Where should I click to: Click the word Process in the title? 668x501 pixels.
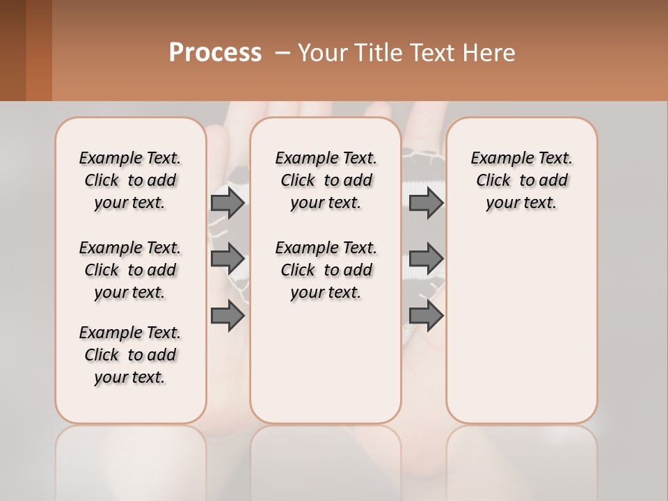pyautogui.click(x=215, y=53)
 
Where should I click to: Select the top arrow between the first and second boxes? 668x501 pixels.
pyautogui.click(x=228, y=202)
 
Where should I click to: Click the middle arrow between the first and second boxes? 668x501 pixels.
pyautogui.click(x=228, y=259)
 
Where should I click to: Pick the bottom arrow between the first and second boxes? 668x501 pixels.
pyautogui.click(x=228, y=316)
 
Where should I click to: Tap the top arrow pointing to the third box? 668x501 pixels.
pyautogui.click(x=426, y=202)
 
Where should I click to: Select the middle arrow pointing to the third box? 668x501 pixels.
pyautogui.click(x=426, y=259)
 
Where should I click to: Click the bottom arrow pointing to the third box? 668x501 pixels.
pyautogui.click(x=426, y=316)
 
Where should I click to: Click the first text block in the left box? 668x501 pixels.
pyautogui.click(x=130, y=180)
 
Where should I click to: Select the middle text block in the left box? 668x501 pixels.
pyautogui.click(x=130, y=270)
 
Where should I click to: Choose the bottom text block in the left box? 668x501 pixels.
pyautogui.click(x=130, y=355)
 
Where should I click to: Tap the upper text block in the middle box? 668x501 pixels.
pyautogui.click(x=326, y=180)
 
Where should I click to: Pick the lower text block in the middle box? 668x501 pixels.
pyautogui.click(x=326, y=270)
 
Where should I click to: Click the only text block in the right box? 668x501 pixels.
pyautogui.click(x=521, y=180)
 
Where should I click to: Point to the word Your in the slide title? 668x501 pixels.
pyautogui.click(x=319, y=53)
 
